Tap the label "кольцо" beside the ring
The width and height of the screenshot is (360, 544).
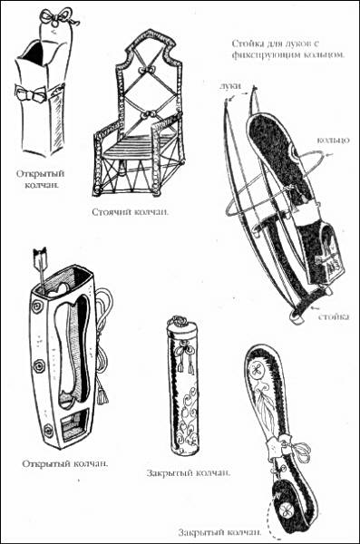(x=334, y=140)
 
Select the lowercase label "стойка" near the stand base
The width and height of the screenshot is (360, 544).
(x=334, y=316)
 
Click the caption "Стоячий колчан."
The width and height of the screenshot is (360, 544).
(x=131, y=212)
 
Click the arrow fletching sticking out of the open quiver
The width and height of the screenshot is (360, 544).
(x=40, y=256)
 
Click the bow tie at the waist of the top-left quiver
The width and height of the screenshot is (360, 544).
(x=30, y=93)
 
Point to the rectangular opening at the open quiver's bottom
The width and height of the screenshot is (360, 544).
(x=73, y=422)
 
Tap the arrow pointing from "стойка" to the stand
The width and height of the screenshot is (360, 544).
(x=316, y=308)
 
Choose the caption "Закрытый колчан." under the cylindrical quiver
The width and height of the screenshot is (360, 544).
(x=188, y=473)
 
